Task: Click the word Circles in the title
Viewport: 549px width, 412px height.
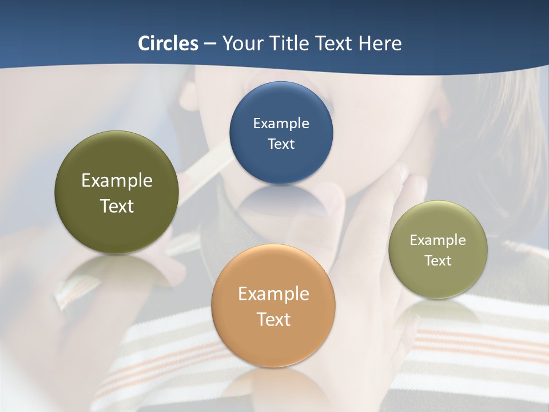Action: [168, 43]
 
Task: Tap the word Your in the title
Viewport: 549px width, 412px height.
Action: [241, 43]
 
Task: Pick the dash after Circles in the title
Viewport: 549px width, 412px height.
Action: [209, 44]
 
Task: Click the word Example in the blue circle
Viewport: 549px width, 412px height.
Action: [281, 124]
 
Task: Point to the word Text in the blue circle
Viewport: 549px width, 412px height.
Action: [281, 144]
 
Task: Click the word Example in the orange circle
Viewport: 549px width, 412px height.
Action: [273, 294]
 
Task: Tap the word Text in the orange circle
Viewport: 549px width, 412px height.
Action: [273, 319]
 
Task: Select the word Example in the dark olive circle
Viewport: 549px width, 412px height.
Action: [117, 181]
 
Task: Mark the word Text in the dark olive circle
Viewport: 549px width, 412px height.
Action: [117, 206]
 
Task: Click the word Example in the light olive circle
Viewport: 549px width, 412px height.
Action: [438, 240]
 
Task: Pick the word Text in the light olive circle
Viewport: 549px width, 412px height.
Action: [438, 261]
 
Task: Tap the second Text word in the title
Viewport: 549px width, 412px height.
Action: [336, 43]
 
